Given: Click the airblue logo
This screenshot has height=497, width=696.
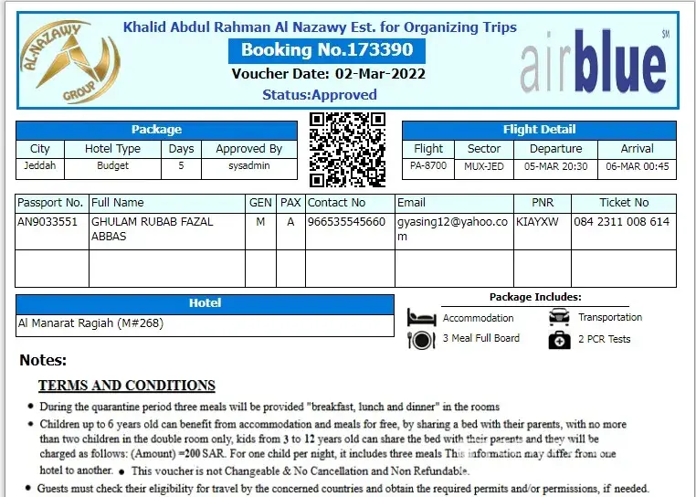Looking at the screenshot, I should click(595, 64).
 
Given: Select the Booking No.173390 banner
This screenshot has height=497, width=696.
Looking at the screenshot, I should click(327, 50).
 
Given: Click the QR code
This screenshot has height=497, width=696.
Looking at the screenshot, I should click(347, 149).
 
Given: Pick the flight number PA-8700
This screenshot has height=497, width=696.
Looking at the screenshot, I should click(428, 167).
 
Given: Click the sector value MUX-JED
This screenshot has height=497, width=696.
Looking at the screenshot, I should click(484, 167).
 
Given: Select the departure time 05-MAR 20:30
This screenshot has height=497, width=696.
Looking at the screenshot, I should click(555, 167).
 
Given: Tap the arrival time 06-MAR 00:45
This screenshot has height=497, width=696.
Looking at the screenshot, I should click(638, 167).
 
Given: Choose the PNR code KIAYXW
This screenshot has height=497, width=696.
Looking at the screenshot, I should click(536, 222).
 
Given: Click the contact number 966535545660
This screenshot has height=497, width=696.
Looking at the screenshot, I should click(346, 222).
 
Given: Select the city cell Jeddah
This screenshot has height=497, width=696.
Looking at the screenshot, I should click(40, 166).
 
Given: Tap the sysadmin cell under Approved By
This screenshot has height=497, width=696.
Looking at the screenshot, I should click(248, 166).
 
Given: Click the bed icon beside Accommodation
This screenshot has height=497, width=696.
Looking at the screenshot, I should click(421, 318).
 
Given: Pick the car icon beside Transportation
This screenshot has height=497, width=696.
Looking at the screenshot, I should click(559, 317).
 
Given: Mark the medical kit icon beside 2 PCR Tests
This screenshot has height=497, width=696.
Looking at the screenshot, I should click(559, 340).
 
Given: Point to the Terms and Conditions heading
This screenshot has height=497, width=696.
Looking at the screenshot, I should click(127, 386).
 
